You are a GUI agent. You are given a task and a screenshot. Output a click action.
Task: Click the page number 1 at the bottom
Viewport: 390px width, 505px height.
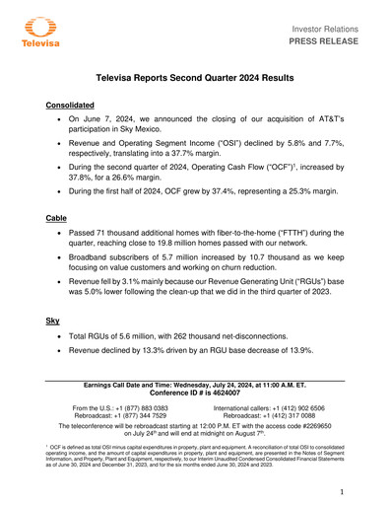[x=341, y=490]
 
